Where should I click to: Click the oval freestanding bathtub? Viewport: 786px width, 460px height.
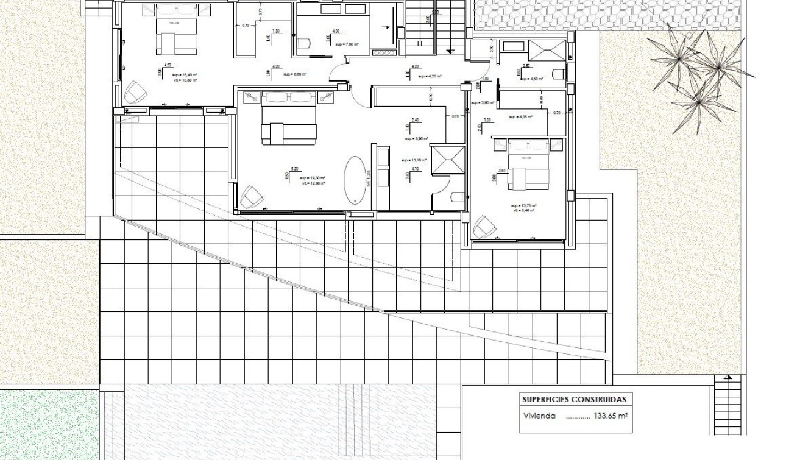(x=355, y=180)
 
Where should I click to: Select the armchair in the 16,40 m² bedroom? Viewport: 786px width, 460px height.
(x=135, y=93)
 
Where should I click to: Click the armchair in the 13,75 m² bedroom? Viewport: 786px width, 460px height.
(x=485, y=227)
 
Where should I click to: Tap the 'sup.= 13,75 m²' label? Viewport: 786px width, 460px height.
(x=524, y=206)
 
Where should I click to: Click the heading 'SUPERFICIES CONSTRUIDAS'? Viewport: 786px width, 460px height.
(x=573, y=400)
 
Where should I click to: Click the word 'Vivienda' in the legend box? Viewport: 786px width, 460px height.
(x=539, y=417)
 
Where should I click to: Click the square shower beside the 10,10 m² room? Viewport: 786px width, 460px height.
(x=448, y=160)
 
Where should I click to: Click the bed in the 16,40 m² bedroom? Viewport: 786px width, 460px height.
(x=177, y=30)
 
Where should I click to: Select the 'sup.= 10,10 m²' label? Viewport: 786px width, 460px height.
(x=412, y=160)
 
